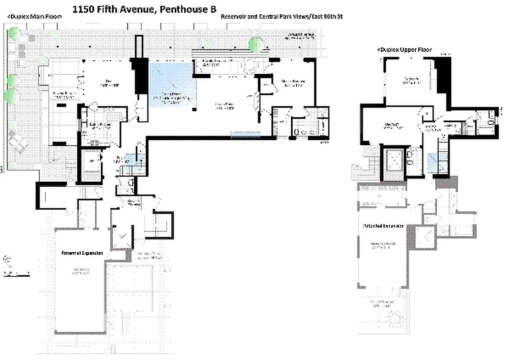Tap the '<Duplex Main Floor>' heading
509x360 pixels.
pos(35,17)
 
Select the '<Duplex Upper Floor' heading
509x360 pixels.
pos(405,49)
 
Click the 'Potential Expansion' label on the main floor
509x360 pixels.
pos(82,253)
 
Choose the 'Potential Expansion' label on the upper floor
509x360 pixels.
pos(383,225)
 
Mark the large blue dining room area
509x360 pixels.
pos(173,85)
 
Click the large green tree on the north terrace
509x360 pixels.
pos(257,44)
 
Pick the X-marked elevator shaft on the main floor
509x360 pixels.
pos(122,238)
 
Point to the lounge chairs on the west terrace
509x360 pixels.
pos(19,144)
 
